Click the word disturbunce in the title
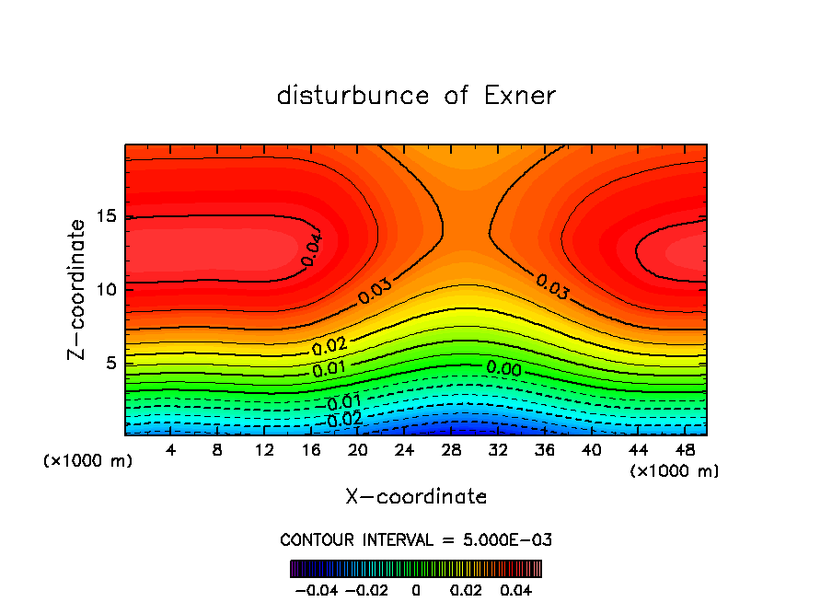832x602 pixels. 353,96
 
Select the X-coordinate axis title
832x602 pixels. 416,497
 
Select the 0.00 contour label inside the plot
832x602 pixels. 503,368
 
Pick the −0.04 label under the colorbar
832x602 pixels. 317,589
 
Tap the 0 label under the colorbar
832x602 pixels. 416,589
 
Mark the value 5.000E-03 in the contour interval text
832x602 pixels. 508,539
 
